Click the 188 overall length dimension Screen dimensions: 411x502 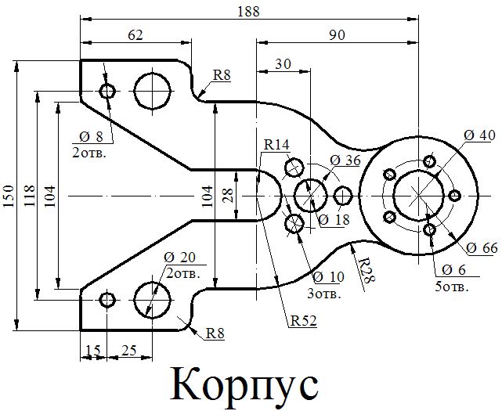click(x=251, y=10)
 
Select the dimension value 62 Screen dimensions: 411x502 click(x=135, y=34)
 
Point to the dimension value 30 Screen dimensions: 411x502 click(x=283, y=63)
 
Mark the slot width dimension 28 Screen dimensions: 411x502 click(x=228, y=196)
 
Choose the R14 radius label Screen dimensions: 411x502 click(x=276, y=145)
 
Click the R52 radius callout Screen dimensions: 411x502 click(x=302, y=320)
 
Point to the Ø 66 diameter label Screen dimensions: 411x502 click(x=482, y=248)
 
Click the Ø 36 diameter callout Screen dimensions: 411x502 click(x=345, y=160)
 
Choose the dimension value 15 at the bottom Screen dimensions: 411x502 click(x=92, y=350)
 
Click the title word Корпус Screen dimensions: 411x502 click(x=245, y=384)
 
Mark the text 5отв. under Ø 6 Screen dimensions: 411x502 click(x=452, y=287)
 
